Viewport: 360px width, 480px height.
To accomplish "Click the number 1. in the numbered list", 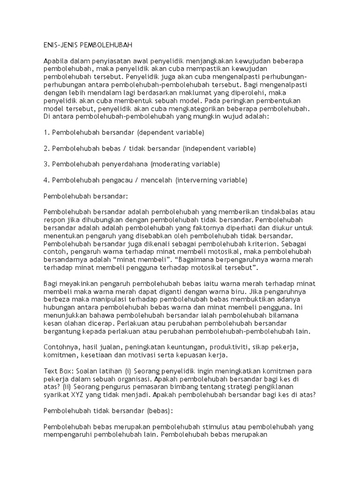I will pyautogui.click(x=46, y=133).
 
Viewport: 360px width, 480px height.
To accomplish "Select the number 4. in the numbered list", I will pyautogui.click(x=46, y=180).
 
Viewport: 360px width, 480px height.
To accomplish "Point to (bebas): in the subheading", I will pyautogui.click(x=159, y=411).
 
